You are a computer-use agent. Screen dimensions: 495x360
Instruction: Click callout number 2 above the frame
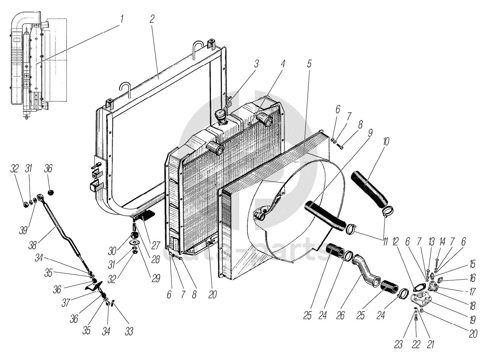tap(152, 19)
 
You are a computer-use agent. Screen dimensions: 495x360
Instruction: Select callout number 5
tap(309, 64)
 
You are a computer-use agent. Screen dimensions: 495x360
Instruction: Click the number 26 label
tap(340, 316)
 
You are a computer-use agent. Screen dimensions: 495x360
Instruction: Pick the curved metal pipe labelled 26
tap(366, 271)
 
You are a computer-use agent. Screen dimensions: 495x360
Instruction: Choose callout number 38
tap(33, 245)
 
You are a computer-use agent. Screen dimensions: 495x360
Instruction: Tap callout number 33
tap(129, 331)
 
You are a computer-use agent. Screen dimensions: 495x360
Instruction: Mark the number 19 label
tap(473, 319)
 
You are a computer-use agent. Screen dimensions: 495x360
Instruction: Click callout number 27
tap(156, 245)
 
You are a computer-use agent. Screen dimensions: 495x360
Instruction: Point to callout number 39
tap(23, 230)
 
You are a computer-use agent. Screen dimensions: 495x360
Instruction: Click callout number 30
tap(112, 251)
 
